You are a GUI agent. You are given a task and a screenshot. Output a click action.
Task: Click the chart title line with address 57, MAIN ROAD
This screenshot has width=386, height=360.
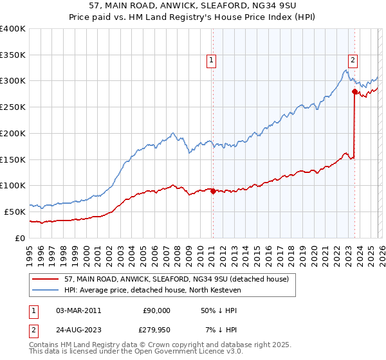193,6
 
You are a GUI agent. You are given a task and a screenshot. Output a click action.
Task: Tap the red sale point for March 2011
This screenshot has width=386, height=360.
213,190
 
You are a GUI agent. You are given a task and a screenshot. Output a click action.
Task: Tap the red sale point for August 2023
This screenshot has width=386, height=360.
354,91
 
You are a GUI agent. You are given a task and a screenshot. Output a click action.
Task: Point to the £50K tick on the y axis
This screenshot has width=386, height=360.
15,212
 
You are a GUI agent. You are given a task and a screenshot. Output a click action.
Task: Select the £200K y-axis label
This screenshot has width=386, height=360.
13,134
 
